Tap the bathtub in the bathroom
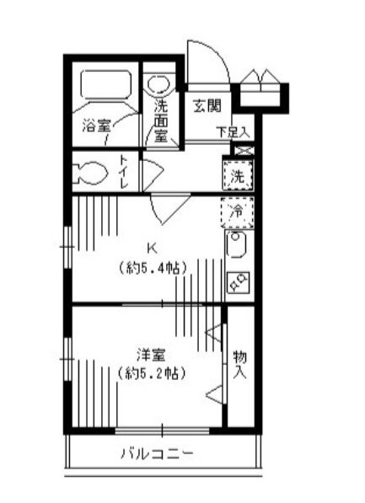click(105, 86)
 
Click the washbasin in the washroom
click(158, 85)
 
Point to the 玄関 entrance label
click(207, 106)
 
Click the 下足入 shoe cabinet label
click(232, 132)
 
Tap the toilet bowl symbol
click(91, 174)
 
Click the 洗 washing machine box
click(239, 177)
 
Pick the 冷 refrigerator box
click(238, 211)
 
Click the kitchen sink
click(237, 247)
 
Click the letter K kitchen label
click(152, 248)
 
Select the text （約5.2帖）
click(151, 372)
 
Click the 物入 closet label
click(240, 364)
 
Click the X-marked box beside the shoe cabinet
click(242, 150)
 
